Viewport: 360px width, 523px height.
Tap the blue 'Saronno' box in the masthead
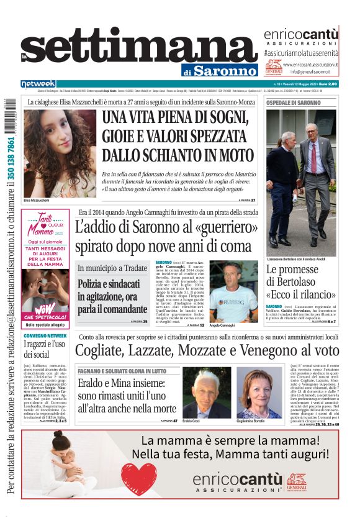[x=224, y=70]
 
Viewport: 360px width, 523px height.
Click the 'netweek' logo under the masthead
[x=38, y=83]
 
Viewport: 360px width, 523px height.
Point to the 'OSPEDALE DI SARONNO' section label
[x=294, y=102]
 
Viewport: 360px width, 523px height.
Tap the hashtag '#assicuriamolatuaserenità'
[x=301, y=54]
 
